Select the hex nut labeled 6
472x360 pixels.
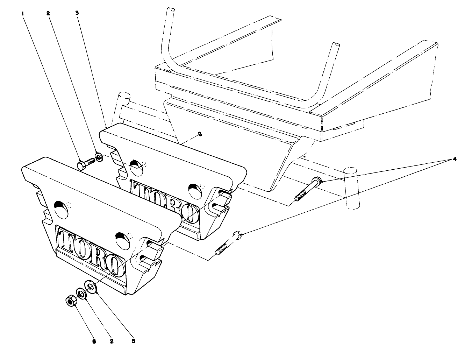point(71,300)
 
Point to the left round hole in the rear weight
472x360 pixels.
point(135,165)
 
